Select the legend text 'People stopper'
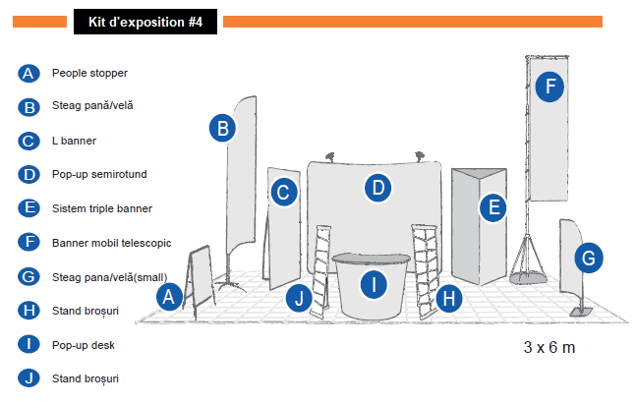[89, 73]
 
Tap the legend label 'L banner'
[74, 141]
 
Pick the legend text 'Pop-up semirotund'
[99, 174]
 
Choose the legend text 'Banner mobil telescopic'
[111, 242]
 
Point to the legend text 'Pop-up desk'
[84, 345]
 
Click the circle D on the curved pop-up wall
[378, 187]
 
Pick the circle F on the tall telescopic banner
[550, 86]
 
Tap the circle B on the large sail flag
[223, 128]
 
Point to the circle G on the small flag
[588, 259]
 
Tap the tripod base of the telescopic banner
[532, 260]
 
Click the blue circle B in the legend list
[29, 107]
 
